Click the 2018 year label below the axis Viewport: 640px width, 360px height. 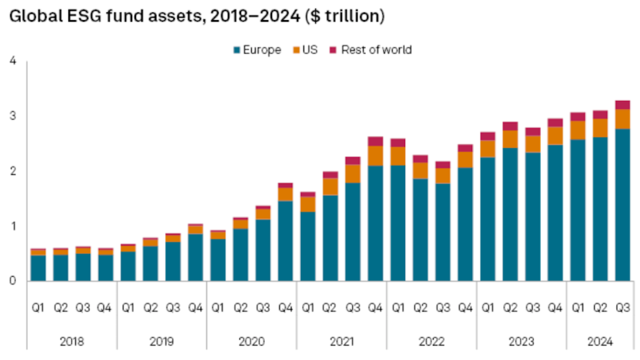[72, 341]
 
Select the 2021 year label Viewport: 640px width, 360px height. [341, 341]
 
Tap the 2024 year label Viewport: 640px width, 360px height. [600, 341]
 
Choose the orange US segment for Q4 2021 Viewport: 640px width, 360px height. [375, 156]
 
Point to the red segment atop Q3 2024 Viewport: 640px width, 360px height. [622, 104]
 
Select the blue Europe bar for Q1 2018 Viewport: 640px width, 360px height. [39, 268]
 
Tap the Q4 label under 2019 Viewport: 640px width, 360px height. [195, 308]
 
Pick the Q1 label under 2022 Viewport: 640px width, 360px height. [398, 308]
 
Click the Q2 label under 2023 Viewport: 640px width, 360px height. [510, 308]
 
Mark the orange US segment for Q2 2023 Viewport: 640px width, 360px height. [510, 139]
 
